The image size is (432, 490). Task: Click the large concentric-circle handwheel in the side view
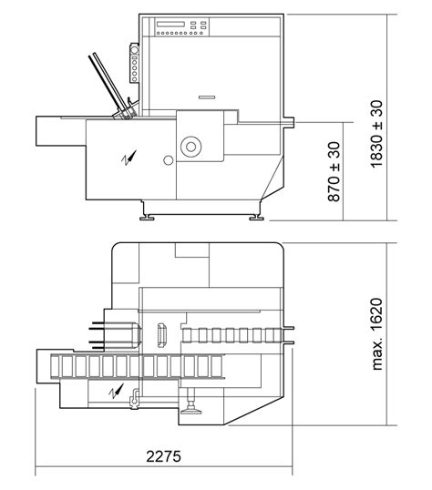[191, 143]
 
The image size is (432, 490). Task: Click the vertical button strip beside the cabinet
[135, 64]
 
